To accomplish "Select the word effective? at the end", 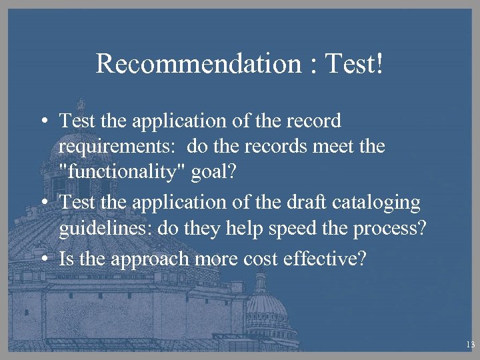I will tap(333, 258).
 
